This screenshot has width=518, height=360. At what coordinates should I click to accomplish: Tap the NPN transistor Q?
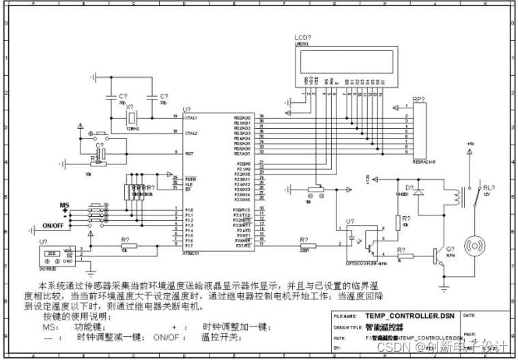(436, 256)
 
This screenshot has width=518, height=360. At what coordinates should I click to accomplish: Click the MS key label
(65, 205)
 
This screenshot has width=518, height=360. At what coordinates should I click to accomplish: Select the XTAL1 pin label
(191, 118)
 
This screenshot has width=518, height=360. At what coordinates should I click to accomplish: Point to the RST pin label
(188, 154)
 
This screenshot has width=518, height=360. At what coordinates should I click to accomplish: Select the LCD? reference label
(303, 36)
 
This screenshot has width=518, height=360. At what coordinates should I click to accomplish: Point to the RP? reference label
(418, 100)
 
